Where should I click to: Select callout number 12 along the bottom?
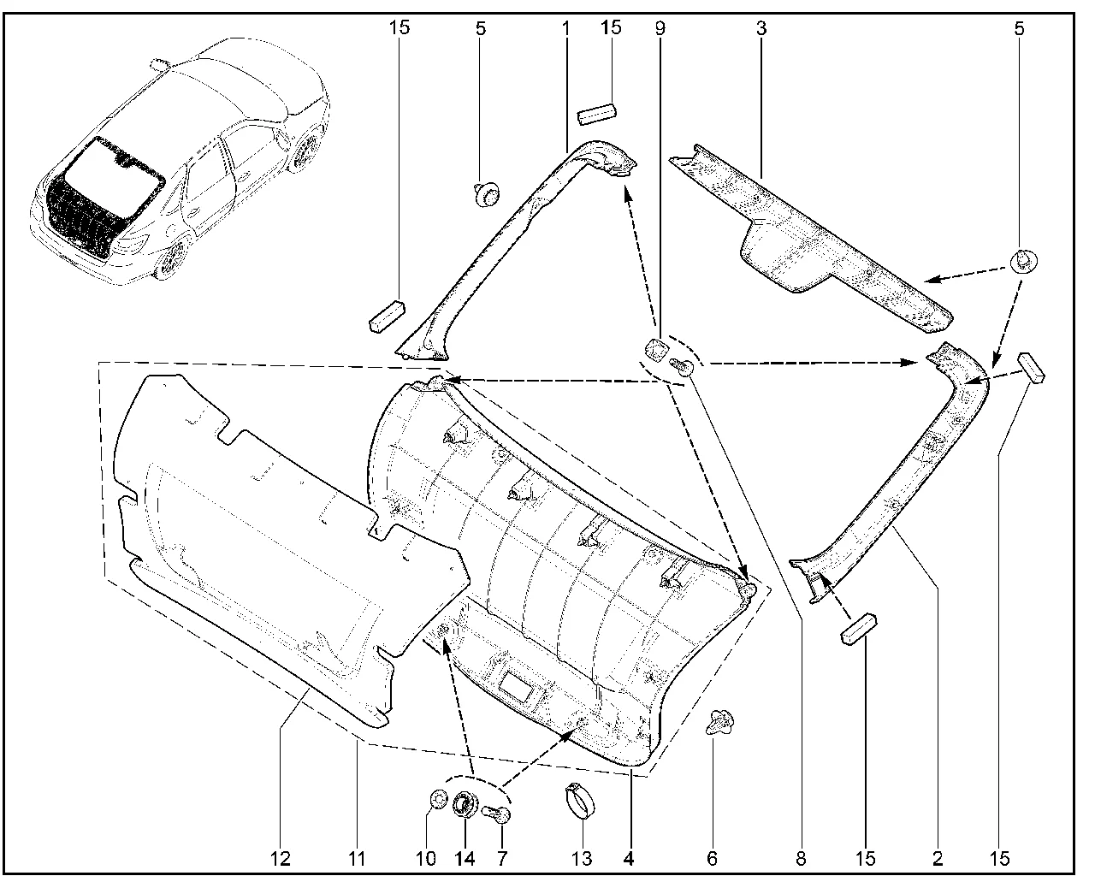pyautogui.click(x=281, y=857)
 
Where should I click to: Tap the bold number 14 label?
pyautogui.click(x=465, y=857)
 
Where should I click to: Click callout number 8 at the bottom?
pyautogui.click(x=802, y=857)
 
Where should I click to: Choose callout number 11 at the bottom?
pyautogui.click(x=358, y=857)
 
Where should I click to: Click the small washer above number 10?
pyautogui.click(x=437, y=801)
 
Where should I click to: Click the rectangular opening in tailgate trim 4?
pyautogui.click(x=518, y=684)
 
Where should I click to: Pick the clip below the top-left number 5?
pyautogui.click(x=486, y=196)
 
